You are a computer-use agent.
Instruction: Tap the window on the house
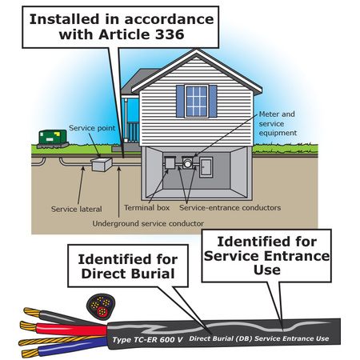(197, 102)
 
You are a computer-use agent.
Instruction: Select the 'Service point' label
(92, 128)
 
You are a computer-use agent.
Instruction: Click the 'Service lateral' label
(77, 209)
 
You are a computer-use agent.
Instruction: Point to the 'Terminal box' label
(146, 207)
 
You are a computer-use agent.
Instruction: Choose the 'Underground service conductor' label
(148, 223)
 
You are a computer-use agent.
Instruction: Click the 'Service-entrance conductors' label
(230, 207)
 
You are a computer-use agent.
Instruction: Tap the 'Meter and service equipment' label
(278, 123)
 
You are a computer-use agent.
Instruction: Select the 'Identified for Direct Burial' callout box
(128, 266)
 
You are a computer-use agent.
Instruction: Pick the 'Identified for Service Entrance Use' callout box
(266, 255)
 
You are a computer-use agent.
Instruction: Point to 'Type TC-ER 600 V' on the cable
(147, 339)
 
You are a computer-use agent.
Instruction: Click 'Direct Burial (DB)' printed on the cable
(220, 338)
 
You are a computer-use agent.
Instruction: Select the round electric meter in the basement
(187, 162)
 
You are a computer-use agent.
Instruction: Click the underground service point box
(102, 164)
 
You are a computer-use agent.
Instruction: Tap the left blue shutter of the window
(180, 102)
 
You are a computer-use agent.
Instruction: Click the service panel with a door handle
(206, 167)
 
